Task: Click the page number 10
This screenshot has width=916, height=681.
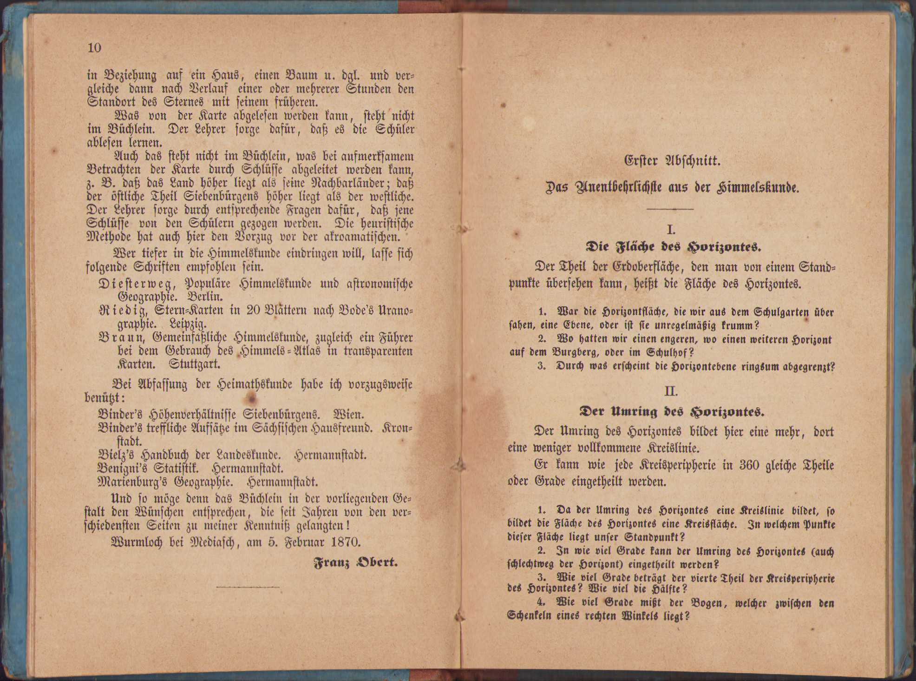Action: [94, 48]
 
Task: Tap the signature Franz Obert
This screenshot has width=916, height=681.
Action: [355, 562]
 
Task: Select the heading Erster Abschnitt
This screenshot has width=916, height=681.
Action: [672, 161]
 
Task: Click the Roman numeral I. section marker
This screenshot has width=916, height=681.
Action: [671, 230]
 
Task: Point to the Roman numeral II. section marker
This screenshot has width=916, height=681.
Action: [671, 391]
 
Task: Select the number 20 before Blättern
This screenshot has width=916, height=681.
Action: [254, 310]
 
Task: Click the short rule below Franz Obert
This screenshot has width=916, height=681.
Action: [248, 588]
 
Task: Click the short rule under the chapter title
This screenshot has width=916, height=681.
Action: [670, 209]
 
